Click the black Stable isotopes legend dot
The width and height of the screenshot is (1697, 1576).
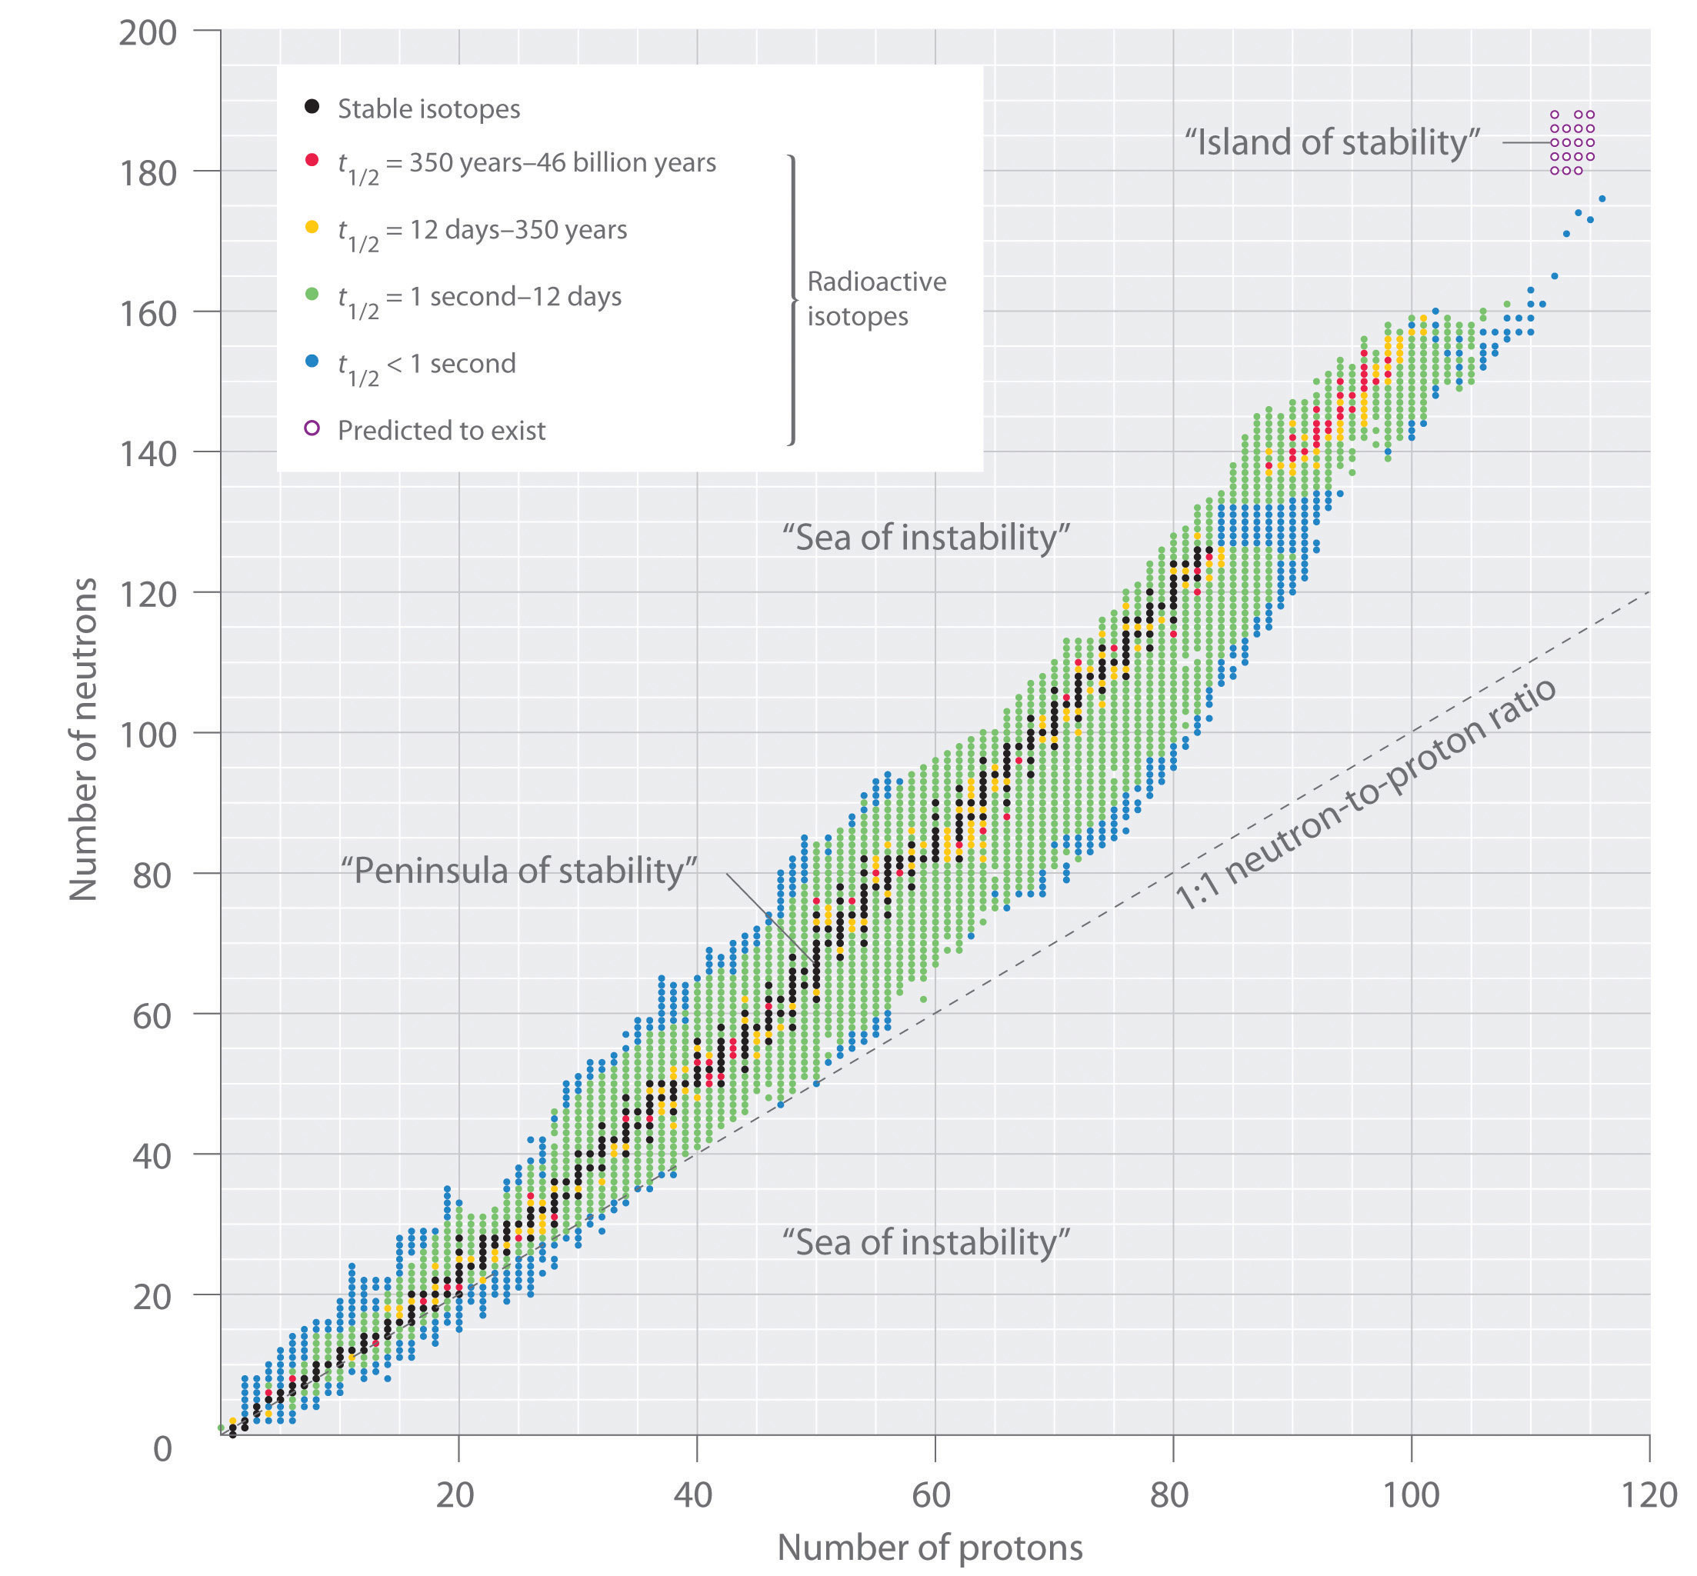[x=312, y=107]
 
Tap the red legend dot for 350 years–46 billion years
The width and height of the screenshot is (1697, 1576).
[x=312, y=159]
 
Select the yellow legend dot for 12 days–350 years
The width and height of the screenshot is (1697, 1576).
[x=312, y=227]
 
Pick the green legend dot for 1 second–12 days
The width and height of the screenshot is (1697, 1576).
[x=312, y=293]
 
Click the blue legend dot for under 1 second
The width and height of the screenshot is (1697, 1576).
[x=312, y=361]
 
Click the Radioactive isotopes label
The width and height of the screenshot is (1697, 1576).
[x=875, y=298]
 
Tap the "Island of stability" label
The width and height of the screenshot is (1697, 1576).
[x=1331, y=142]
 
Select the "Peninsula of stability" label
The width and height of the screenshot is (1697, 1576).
[x=518, y=871]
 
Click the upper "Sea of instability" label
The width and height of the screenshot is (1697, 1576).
[x=925, y=538]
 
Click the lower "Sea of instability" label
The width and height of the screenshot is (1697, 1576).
[x=925, y=1242]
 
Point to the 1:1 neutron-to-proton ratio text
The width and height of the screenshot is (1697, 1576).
[x=1365, y=794]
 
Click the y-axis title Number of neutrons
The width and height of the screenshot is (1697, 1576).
[x=84, y=738]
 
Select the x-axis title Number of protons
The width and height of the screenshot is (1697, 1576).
[x=929, y=1547]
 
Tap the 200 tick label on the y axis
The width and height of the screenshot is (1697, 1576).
[x=147, y=33]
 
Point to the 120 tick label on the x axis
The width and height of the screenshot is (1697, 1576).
[x=1649, y=1495]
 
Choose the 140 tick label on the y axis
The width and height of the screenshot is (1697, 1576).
[x=147, y=454]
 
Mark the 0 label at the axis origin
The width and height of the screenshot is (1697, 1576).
[x=162, y=1449]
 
